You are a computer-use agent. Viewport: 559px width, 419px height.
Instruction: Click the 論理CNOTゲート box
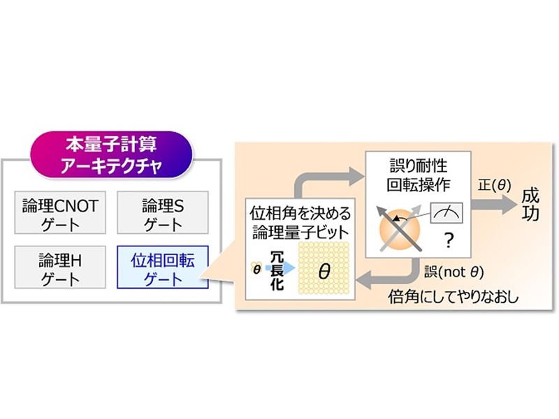coord(60,212)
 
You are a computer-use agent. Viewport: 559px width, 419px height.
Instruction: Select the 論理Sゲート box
coord(163,212)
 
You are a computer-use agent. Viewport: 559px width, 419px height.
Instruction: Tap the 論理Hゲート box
coord(60,267)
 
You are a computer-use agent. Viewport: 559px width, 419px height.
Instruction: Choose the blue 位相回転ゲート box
coord(163,267)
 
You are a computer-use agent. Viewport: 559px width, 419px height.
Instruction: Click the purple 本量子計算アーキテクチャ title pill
coord(111,154)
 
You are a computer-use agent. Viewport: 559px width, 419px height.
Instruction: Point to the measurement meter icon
coord(447,213)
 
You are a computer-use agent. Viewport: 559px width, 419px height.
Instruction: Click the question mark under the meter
coord(449,240)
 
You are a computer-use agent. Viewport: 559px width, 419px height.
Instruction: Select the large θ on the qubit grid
coord(324,271)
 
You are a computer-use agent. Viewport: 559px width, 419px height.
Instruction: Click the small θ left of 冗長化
coord(256,270)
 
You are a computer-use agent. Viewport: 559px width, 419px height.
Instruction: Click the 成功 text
coord(530,205)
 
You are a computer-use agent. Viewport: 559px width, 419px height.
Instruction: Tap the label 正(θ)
coord(495,186)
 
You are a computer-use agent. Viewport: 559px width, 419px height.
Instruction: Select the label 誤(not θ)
coord(453,272)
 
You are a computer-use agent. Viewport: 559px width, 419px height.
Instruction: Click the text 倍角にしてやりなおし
coord(453,297)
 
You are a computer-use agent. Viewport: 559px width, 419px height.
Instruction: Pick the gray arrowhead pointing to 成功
coord(509,205)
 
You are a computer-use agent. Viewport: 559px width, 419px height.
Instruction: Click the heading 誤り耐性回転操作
coord(418,175)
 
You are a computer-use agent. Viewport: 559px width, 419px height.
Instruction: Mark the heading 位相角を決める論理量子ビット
coord(300,223)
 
